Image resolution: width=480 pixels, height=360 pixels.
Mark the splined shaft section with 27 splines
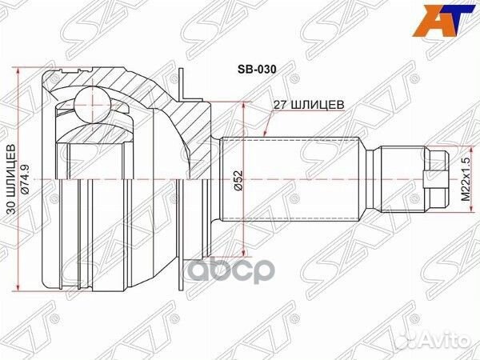click(x=288, y=177)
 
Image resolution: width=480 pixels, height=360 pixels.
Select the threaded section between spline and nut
click(x=398, y=177)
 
